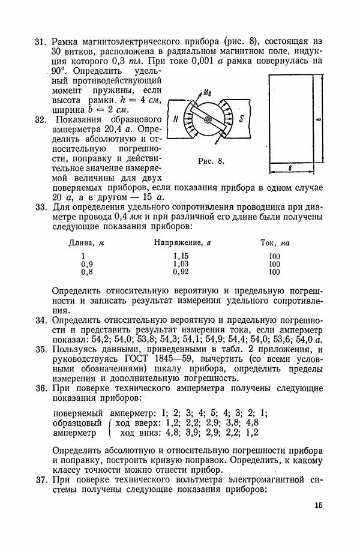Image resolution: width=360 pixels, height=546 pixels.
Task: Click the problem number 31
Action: (41, 42)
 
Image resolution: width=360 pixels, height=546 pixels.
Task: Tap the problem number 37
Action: (41, 481)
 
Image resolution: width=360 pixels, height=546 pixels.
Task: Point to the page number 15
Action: (317, 506)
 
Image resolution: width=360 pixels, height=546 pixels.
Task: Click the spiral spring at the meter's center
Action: (208, 119)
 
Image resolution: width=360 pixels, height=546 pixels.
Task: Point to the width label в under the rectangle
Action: (290, 169)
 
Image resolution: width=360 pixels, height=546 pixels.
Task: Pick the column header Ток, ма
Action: (275, 243)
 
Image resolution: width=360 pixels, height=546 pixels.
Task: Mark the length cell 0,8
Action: (88, 272)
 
